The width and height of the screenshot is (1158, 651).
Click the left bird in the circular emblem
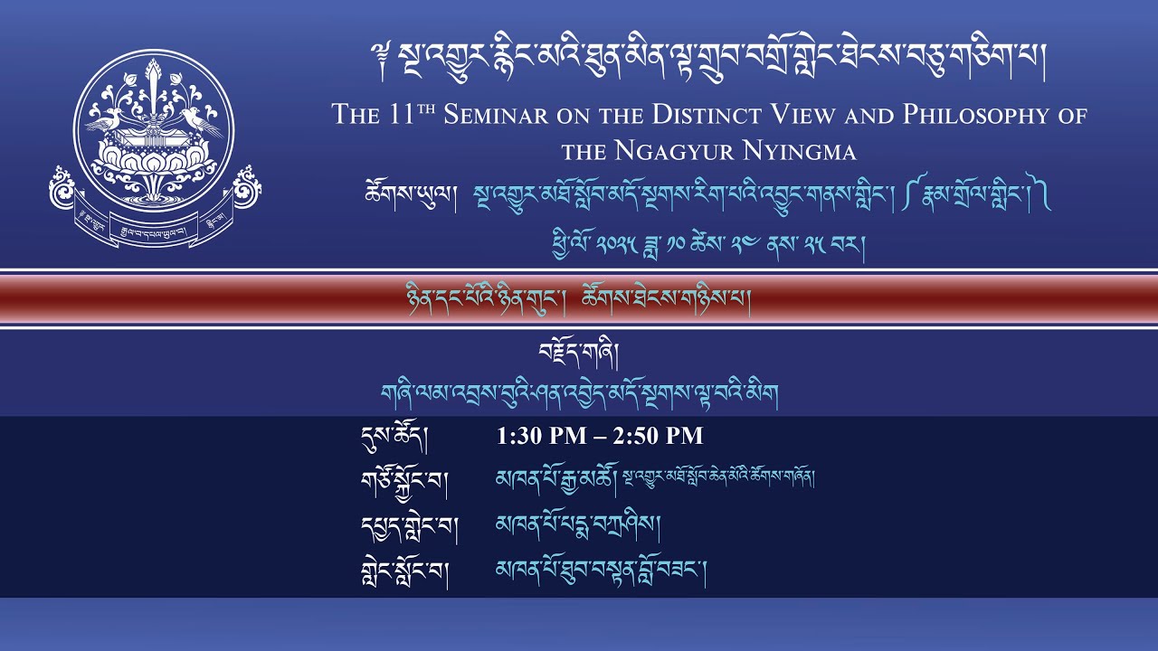pos(107,118)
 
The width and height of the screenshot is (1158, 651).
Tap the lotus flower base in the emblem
pos(153,163)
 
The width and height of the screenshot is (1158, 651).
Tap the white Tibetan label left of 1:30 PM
pos(394,438)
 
